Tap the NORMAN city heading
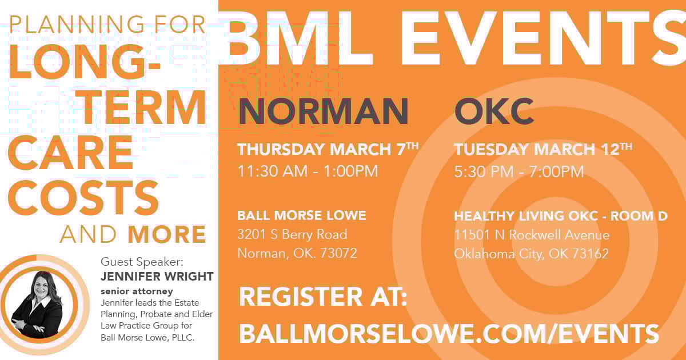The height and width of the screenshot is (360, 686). click(x=323, y=111)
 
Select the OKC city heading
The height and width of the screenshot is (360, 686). click(x=494, y=111)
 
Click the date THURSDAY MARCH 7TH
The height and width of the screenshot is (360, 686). click(x=328, y=149)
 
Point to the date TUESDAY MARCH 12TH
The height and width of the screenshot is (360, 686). click(x=543, y=149)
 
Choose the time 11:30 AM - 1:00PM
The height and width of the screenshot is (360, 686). click(x=308, y=171)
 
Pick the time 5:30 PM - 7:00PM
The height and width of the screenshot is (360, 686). click(x=519, y=171)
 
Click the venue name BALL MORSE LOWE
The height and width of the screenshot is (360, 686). click(x=302, y=215)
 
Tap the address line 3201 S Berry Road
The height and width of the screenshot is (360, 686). click(x=293, y=234)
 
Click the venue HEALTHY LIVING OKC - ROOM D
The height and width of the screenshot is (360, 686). click(x=561, y=216)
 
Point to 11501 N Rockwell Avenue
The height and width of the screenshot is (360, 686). click(x=532, y=235)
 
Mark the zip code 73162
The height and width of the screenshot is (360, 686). click(x=591, y=254)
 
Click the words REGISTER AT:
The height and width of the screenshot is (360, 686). click(x=323, y=297)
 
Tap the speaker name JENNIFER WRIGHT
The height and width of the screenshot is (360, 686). click(x=157, y=277)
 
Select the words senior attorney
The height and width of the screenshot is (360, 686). click(x=137, y=291)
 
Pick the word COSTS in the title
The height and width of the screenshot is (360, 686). click(x=83, y=198)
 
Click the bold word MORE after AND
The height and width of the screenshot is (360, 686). click(x=166, y=234)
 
